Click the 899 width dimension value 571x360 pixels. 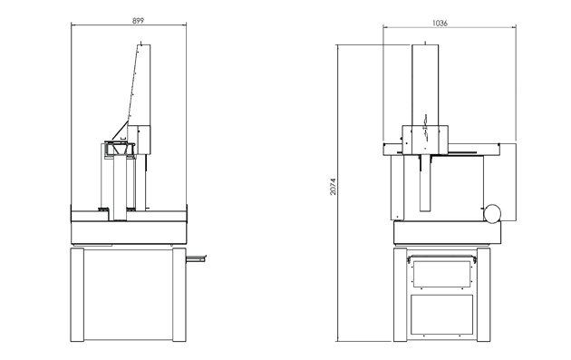[x=138, y=21]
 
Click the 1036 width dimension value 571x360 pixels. [x=440, y=23]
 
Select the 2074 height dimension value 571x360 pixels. [x=334, y=187]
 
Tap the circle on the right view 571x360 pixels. [x=492, y=213]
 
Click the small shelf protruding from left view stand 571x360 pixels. [x=196, y=258]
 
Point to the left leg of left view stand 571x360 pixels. [x=77, y=295]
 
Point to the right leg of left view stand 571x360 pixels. [x=179, y=295]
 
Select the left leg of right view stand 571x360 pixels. [x=401, y=295]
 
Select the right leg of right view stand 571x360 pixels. [x=484, y=295]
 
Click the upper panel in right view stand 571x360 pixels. [x=441, y=274]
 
